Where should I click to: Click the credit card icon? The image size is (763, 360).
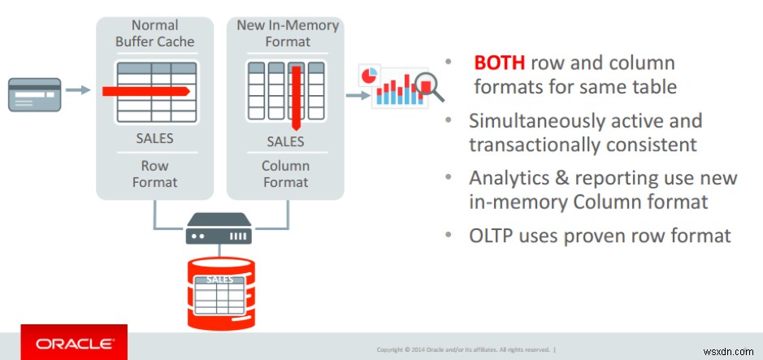34,93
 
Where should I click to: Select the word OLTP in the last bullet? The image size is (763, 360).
495,236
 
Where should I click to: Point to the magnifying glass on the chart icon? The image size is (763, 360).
427,85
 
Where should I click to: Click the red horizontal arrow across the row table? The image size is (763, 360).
146,90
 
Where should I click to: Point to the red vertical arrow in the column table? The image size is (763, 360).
297,97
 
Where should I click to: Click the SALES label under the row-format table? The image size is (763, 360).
154,138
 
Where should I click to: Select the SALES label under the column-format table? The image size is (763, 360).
285,141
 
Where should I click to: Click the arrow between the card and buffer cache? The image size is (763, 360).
78,91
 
